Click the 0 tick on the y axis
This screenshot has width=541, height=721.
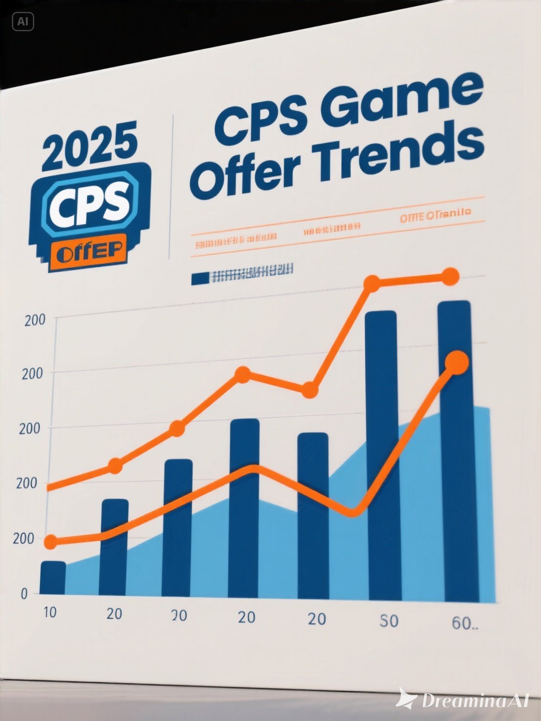point(24,594)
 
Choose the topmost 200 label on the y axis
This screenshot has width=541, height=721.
point(34,320)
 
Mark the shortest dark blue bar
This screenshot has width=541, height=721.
point(52,578)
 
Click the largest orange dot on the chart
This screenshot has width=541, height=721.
point(457,363)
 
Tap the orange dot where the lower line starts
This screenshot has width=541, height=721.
point(51,542)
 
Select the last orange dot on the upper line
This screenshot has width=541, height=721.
point(450,277)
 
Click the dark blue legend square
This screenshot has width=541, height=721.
point(200,278)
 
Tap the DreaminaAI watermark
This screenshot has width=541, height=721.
point(463,700)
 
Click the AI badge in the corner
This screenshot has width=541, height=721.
point(23,22)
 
